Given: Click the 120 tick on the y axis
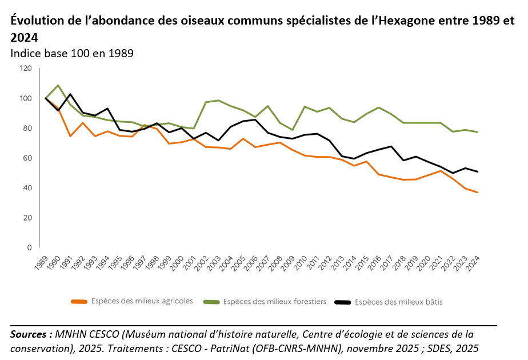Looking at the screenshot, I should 25,69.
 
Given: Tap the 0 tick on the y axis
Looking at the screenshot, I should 29,247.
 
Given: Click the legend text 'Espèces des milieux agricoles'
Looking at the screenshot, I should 142,301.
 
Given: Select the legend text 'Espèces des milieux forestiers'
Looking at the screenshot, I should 274,301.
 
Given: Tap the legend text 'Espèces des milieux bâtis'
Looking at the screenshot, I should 398,301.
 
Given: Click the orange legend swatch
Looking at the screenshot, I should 78,302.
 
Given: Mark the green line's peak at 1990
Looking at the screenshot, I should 58,85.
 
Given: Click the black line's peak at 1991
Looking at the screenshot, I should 70,94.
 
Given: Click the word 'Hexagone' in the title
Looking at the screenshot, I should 412,21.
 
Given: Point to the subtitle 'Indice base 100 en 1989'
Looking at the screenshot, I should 72,54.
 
